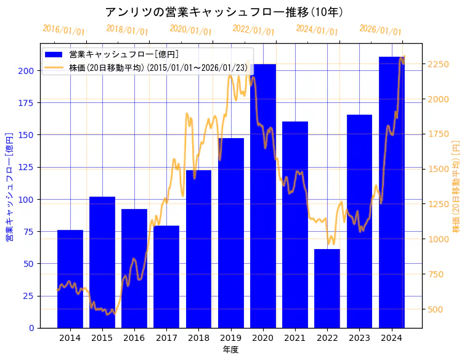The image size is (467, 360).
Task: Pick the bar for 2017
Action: pos(166,277)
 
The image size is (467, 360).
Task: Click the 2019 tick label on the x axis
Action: pos(230,338)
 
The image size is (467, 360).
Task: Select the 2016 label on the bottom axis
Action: pos(134,338)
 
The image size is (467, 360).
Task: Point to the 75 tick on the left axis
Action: pos(29,232)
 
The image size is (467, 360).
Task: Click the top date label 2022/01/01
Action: pos(253,30)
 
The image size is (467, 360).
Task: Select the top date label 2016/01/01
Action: pos(63,30)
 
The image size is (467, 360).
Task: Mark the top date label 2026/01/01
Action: pos(380,30)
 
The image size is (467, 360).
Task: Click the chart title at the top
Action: pos(224,12)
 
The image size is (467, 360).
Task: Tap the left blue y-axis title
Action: pos(10,186)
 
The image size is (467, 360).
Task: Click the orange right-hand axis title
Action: pos(457,186)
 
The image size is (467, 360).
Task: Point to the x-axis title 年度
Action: pos(230,350)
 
